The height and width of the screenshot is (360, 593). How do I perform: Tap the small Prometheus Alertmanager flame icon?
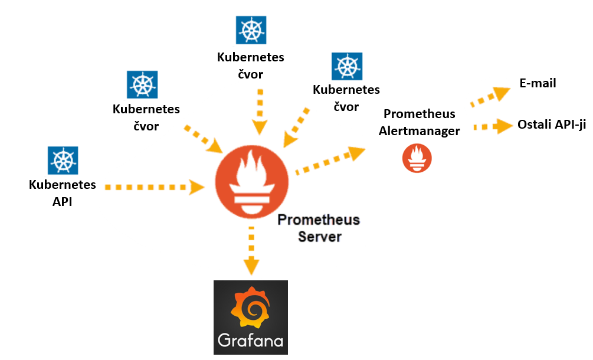[417, 158]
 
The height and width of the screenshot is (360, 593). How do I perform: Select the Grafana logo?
[251, 317]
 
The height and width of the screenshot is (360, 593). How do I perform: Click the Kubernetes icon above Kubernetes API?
[63, 161]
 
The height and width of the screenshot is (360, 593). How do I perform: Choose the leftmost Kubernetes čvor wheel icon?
[142, 85]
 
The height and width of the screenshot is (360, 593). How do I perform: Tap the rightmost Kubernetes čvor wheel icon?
[346, 67]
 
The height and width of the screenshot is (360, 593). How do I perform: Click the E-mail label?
[538, 83]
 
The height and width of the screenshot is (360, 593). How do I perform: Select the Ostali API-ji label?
[551, 125]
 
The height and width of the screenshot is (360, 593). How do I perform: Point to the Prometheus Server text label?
[319, 228]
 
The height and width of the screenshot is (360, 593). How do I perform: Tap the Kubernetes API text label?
[63, 193]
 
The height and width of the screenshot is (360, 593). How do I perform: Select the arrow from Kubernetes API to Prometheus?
[155, 187]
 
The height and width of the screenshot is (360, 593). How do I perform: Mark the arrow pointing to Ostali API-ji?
[494, 126]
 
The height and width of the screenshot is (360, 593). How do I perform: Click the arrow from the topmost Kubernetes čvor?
[258, 111]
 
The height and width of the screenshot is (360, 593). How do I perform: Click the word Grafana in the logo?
[251, 341]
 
